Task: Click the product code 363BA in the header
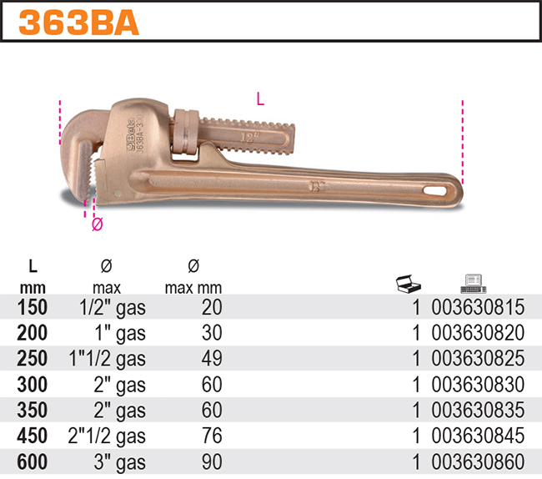click(79, 22)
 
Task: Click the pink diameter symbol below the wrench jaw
click(97, 224)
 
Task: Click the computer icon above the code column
click(472, 285)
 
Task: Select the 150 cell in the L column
click(33, 308)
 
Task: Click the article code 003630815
click(478, 308)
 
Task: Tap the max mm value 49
click(212, 359)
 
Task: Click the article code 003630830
click(478, 384)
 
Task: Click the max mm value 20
click(212, 308)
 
